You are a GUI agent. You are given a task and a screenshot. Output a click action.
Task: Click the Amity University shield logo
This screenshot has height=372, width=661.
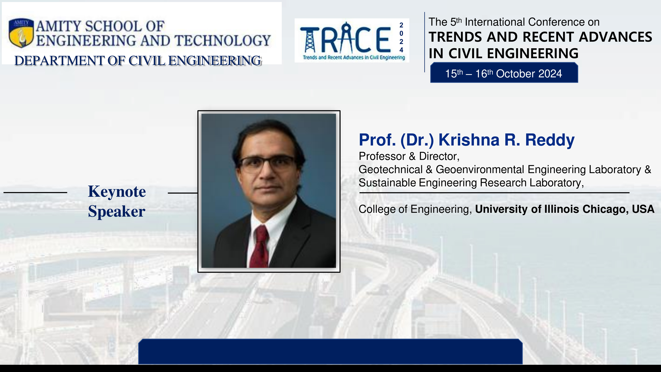pos(21,33)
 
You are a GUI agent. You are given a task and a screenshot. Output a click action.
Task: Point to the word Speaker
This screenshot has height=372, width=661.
pos(117,212)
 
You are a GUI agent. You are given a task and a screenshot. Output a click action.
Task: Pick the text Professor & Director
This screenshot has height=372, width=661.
pos(409,156)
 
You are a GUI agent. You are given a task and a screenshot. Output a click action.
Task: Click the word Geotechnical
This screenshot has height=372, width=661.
pos(390,169)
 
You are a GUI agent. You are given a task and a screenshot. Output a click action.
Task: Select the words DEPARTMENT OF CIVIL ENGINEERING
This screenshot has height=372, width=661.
pos(138,61)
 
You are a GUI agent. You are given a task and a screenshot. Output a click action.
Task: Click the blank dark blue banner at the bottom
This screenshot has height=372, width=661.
pos(330,351)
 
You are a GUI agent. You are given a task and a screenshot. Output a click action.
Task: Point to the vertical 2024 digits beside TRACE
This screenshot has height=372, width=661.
pos(401,38)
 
